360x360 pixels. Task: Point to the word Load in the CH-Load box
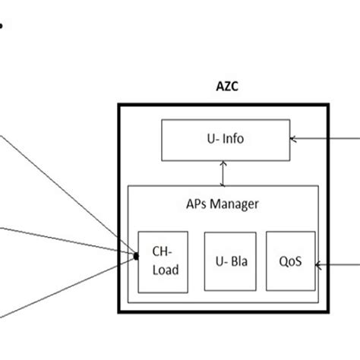[x=166, y=269]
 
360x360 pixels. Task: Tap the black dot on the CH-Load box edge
[x=137, y=256]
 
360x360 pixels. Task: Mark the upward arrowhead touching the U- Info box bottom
[x=221, y=163]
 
